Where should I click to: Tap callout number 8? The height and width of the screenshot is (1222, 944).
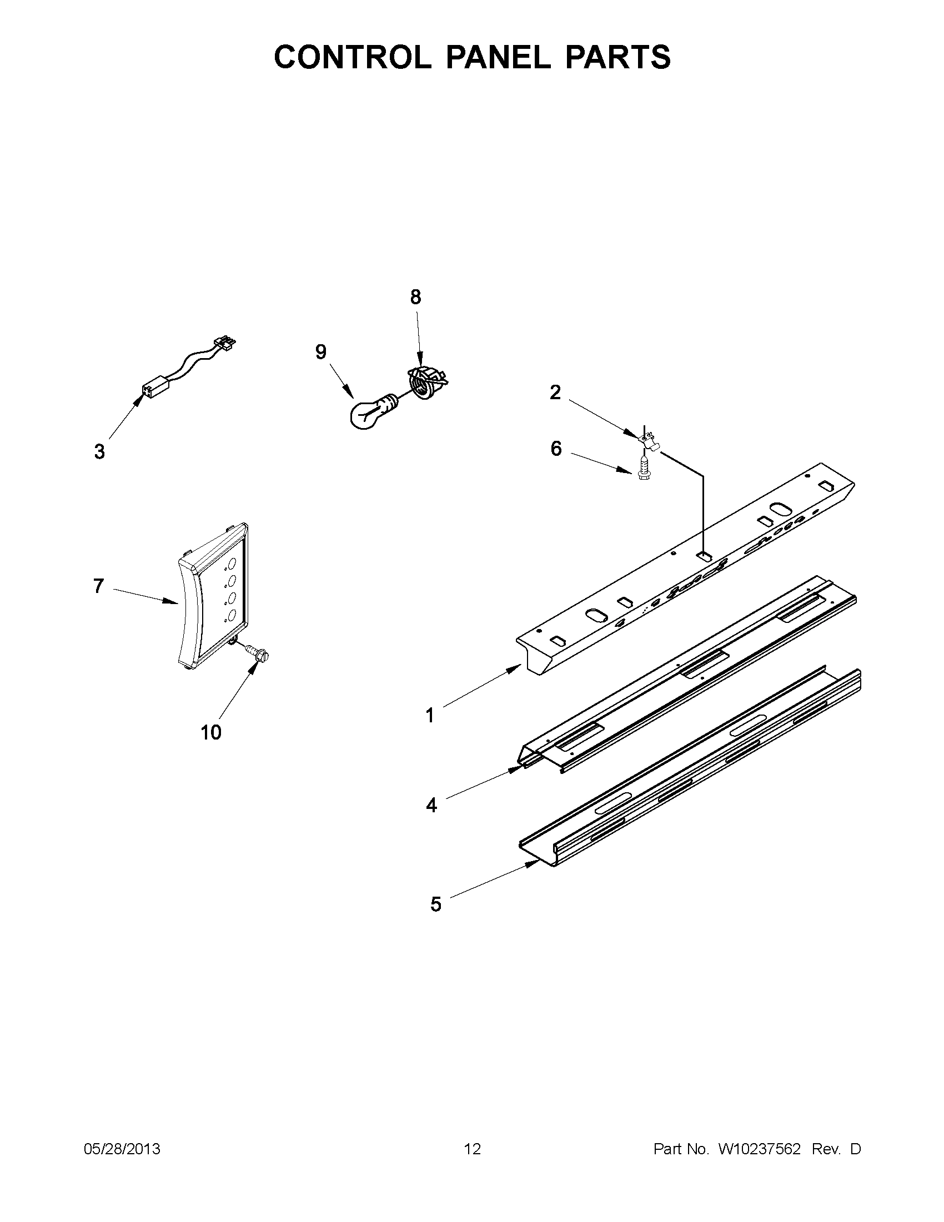click(415, 297)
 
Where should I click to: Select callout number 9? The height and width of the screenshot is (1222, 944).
click(320, 352)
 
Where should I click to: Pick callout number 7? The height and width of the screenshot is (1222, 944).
click(98, 586)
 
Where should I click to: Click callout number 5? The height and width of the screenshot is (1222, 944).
click(436, 904)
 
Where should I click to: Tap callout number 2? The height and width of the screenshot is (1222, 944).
click(555, 393)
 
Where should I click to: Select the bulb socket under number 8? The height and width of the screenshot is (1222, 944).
click(428, 381)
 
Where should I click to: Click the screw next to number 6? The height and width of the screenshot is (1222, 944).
click(644, 466)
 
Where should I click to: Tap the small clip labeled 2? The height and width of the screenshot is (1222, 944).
click(647, 436)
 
